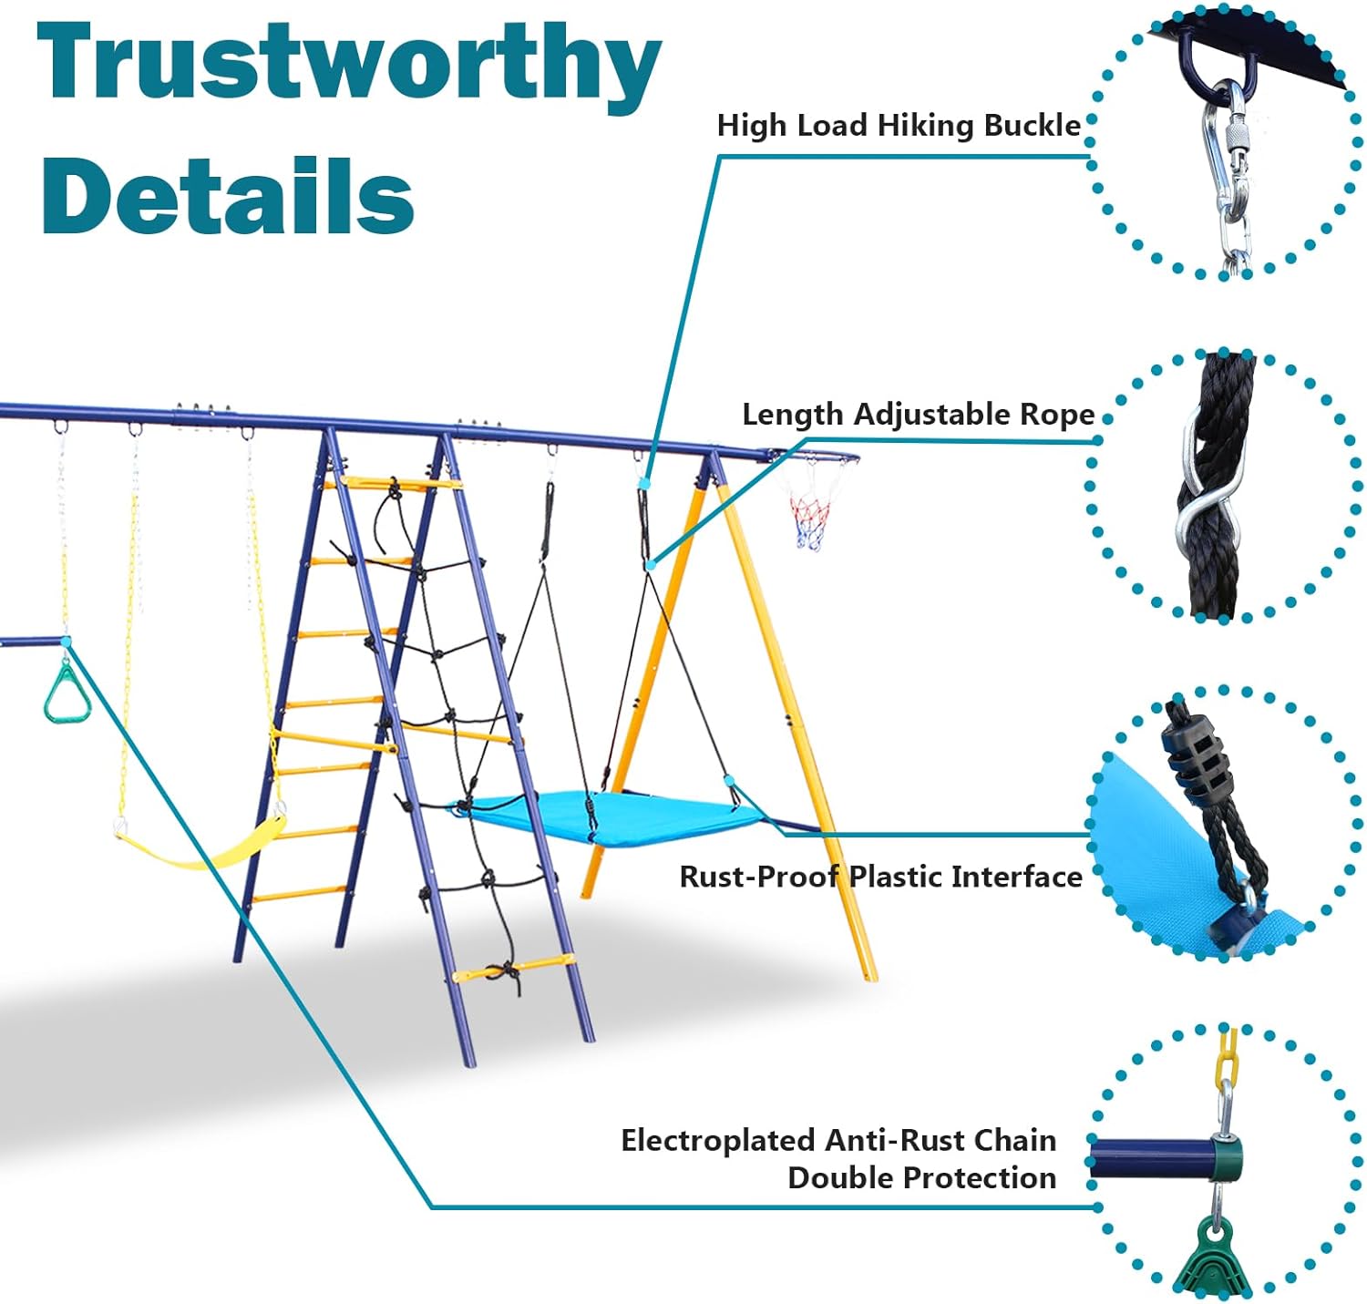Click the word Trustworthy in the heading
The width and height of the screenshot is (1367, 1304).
(x=349, y=65)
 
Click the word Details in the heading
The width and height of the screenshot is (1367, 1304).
(x=228, y=195)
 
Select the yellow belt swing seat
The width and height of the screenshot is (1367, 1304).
(x=200, y=843)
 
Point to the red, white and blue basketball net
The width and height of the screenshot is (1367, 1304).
(x=811, y=519)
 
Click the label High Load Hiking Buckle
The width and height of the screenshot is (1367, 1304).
(x=899, y=126)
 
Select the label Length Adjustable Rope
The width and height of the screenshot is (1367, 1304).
(x=918, y=415)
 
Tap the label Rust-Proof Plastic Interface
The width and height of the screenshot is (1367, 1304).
(x=880, y=877)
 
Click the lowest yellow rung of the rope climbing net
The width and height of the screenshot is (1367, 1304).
(x=513, y=968)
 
